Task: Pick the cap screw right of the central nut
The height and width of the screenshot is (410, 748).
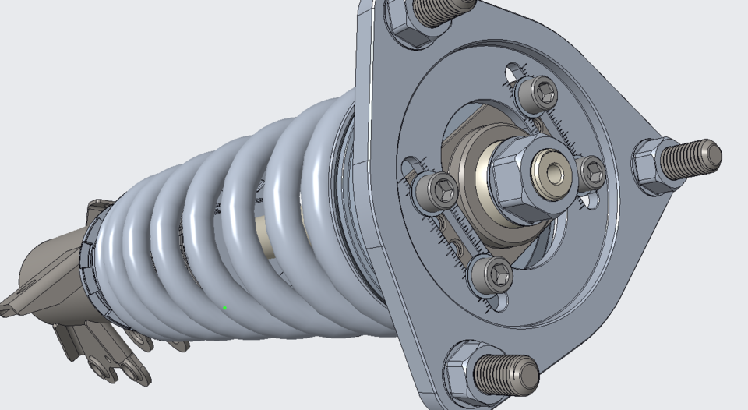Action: (x=592, y=172)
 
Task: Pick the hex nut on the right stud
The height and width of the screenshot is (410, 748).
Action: (x=651, y=165)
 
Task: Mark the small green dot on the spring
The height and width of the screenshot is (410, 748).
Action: (x=225, y=309)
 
